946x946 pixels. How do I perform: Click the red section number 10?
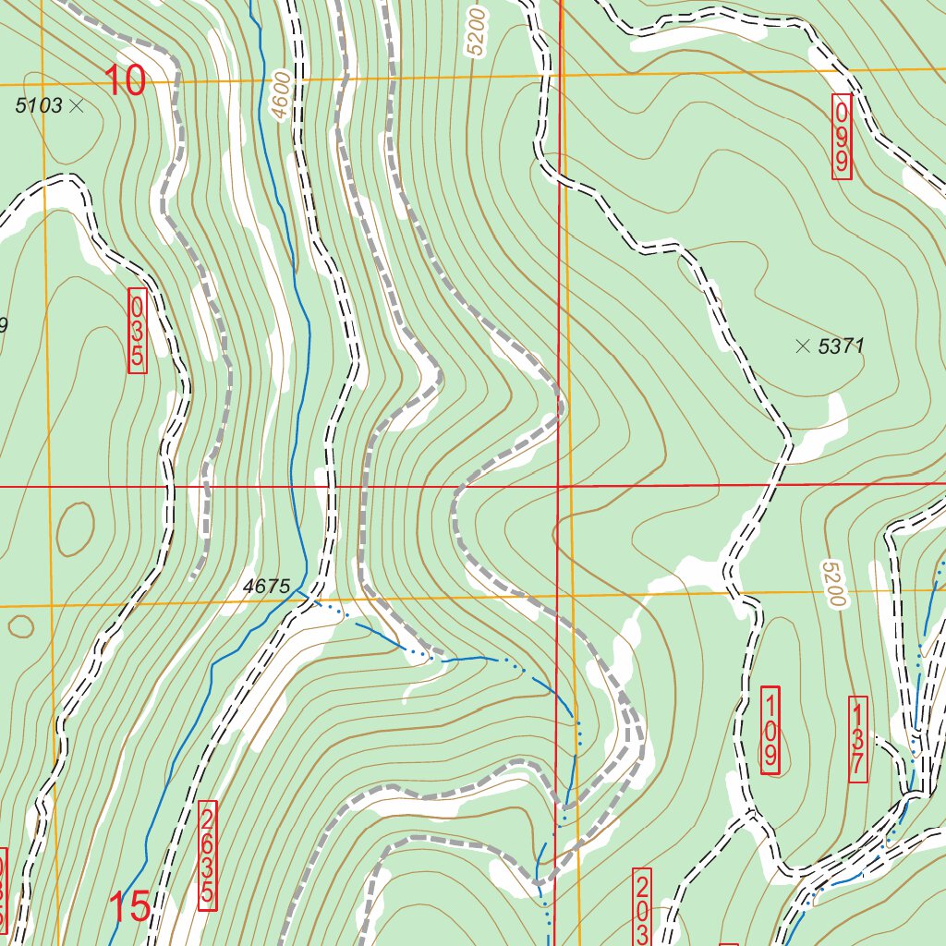coord(125,81)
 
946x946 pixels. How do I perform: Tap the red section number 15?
coord(130,907)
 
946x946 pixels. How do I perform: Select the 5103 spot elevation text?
coord(39,105)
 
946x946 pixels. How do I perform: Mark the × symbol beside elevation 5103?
coord(77,105)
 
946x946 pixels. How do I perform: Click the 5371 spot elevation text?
coord(841,346)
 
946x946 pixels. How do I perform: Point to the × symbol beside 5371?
coord(802,346)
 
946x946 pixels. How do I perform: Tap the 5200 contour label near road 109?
coord(832,584)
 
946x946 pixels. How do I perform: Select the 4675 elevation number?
coord(267,586)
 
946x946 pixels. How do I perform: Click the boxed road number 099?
coord(842,137)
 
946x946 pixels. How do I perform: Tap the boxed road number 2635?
coord(208,854)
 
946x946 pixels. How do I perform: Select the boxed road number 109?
coord(770,730)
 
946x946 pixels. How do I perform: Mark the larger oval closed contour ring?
coord(75,528)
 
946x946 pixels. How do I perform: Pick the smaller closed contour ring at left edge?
coord(18,625)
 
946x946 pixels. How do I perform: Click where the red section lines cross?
coord(560,485)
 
